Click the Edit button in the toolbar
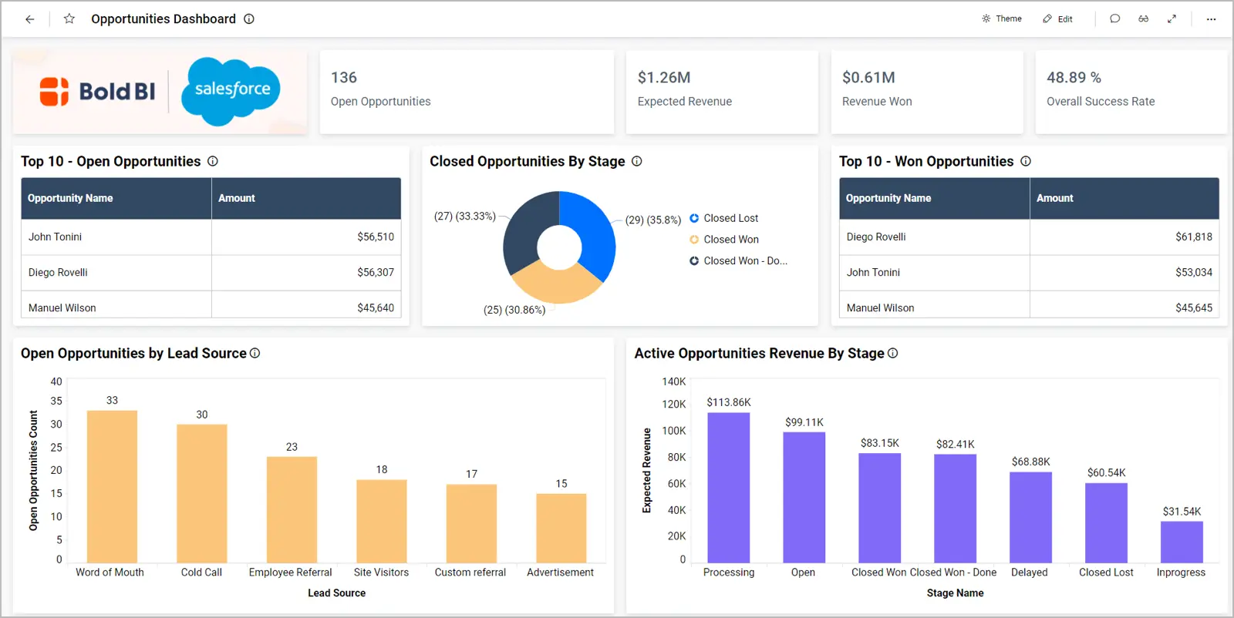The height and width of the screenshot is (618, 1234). point(1057,18)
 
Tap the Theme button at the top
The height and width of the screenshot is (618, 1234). point(1002,18)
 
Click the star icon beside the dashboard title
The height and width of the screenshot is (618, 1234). point(69,18)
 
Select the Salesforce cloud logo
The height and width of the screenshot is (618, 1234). point(231,91)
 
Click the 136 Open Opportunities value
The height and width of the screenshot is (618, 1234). point(344,77)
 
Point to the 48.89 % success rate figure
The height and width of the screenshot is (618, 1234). point(1074,77)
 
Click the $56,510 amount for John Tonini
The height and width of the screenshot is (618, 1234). point(375,237)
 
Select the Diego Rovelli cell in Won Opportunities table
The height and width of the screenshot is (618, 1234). point(876,237)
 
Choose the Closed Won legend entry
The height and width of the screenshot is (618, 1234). point(730,240)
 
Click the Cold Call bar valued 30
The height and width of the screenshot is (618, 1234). point(201,493)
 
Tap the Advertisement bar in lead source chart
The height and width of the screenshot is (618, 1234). point(561,528)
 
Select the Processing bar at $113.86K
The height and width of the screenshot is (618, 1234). point(728,487)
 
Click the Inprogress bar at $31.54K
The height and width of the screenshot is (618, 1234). point(1181,542)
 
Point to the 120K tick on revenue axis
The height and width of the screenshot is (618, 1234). point(673,404)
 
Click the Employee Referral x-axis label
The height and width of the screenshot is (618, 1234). point(290,573)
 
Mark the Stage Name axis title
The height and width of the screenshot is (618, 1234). point(955,593)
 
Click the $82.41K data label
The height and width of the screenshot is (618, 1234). point(955,444)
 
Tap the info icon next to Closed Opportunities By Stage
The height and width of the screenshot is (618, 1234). point(637,161)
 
